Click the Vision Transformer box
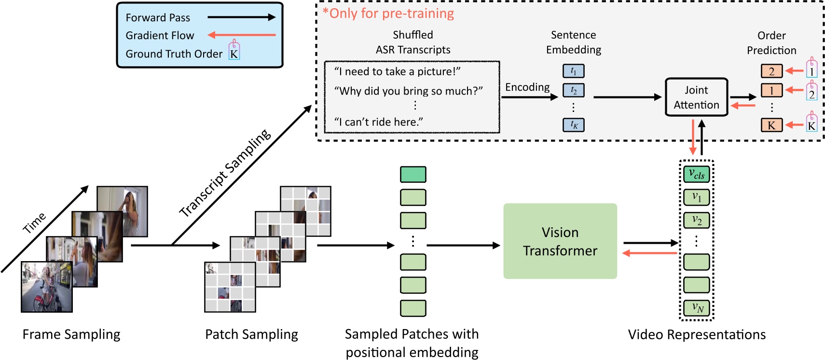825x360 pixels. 560,241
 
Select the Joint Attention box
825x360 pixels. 696,97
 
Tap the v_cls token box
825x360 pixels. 696,174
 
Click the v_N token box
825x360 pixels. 696,307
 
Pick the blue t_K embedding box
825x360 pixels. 573,125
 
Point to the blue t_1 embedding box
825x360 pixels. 573,71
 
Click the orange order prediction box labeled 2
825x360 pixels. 771,71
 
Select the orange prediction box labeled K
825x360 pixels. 771,125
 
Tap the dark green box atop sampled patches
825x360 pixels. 412,174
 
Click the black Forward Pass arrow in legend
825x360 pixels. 241,17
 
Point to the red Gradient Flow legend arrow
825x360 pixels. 241,35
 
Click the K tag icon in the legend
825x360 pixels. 234,51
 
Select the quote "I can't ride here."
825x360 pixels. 379,122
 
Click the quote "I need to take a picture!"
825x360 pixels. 397,71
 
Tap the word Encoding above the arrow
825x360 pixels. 527,87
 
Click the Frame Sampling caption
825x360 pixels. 71,334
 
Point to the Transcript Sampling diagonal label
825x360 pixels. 225,173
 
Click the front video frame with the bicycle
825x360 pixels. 46,287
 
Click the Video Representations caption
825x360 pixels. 696,334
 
